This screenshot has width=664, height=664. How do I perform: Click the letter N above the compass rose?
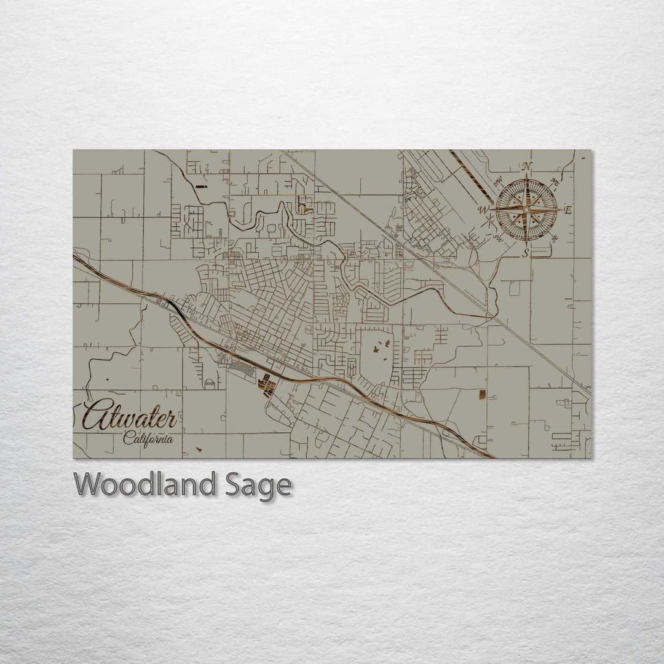[x=526, y=167]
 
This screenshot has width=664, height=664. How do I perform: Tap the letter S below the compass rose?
[x=526, y=253]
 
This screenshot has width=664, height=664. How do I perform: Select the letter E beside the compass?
[x=567, y=210]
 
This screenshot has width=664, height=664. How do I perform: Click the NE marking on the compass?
[x=555, y=182]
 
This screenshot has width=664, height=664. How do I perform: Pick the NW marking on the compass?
[x=497, y=183]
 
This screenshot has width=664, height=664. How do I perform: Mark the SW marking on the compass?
[x=497, y=237]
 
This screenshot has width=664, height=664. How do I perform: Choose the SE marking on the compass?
[x=554, y=238]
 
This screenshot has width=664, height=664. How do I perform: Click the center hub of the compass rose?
[x=526, y=210]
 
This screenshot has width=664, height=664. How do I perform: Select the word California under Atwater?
[x=148, y=439]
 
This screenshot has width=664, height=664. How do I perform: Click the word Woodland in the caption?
[x=145, y=484]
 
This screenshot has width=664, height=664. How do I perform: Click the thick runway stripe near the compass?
[x=471, y=176]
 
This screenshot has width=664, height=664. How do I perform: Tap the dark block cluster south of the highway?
[x=267, y=385]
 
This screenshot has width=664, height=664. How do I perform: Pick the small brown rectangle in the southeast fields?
[x=482, y=393]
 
